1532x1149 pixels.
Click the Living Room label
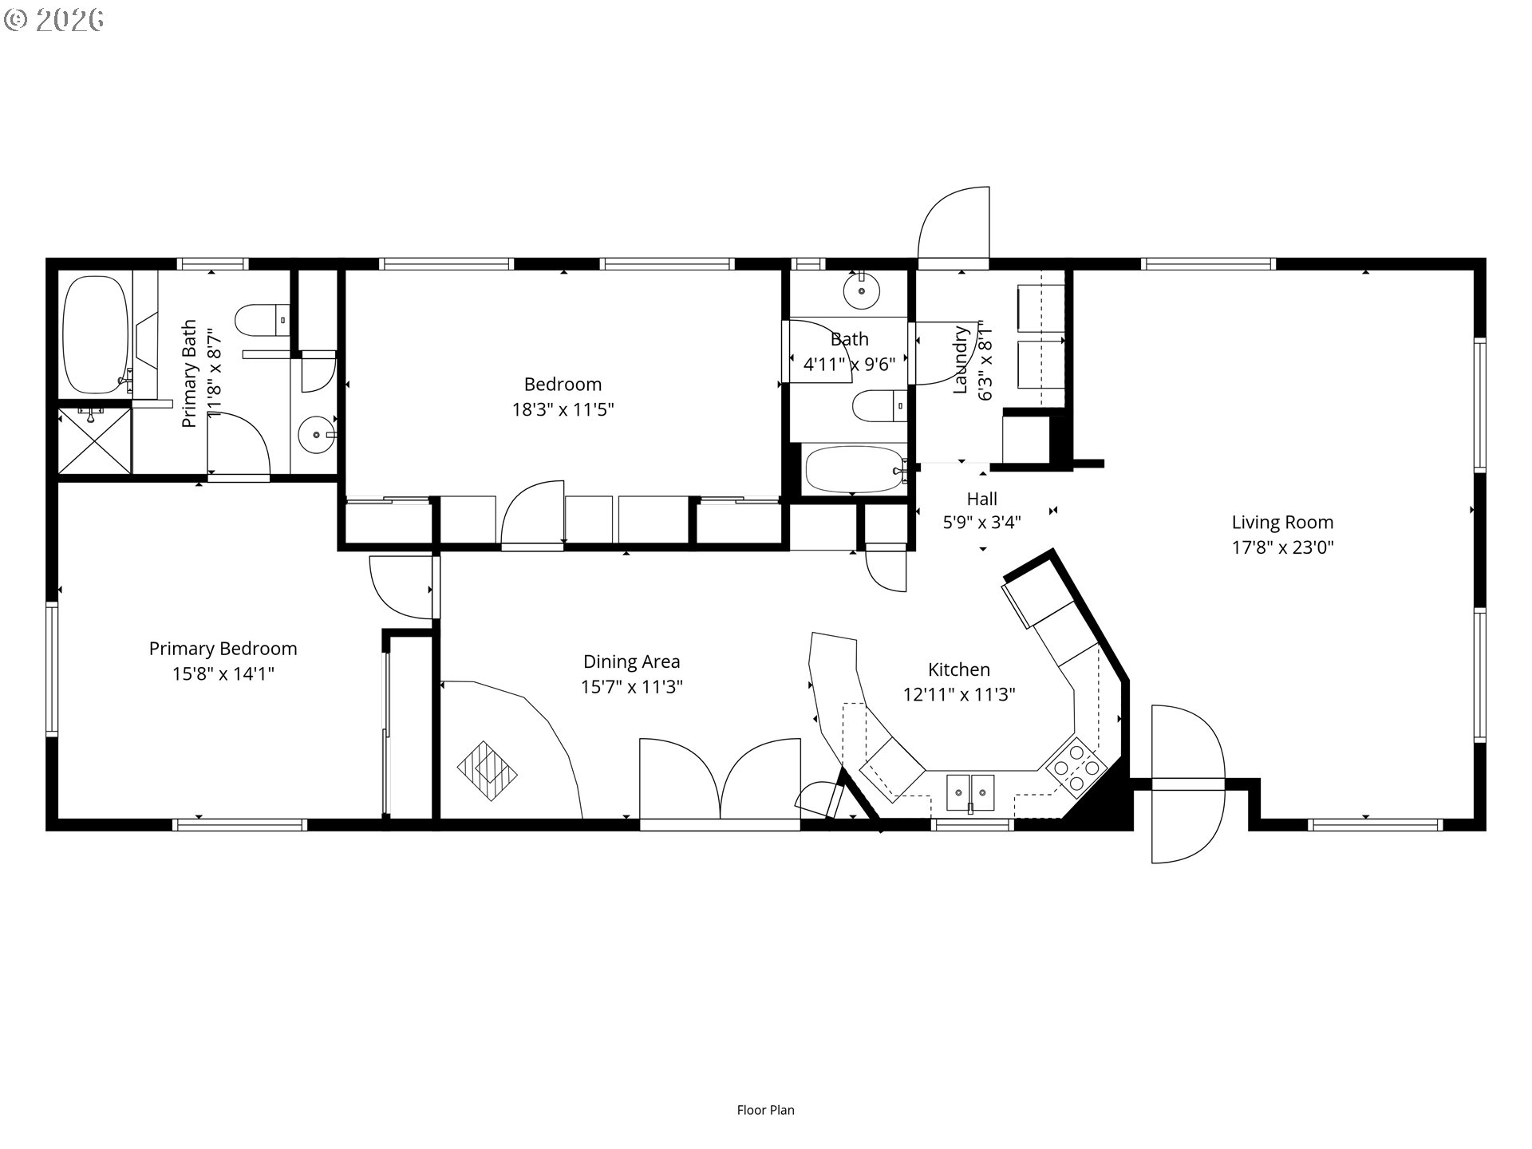point(1282,523)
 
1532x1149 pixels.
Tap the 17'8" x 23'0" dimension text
point(1282,547)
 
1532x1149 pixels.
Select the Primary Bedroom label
point(223,649)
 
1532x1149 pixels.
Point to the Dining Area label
point(631,661)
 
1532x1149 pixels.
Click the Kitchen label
point(959,669)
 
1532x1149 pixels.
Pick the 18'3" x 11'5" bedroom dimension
point(563,409)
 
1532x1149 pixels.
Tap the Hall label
point(982,499)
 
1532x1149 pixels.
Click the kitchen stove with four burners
point(1076,766)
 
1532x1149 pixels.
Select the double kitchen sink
point(971,792)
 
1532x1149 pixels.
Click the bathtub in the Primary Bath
point(96,335)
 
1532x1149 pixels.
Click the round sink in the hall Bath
point(862,293)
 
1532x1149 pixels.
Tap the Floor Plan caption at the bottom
point(766,1110)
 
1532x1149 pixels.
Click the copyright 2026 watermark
point(54,20)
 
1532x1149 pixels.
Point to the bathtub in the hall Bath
point(855,469)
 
